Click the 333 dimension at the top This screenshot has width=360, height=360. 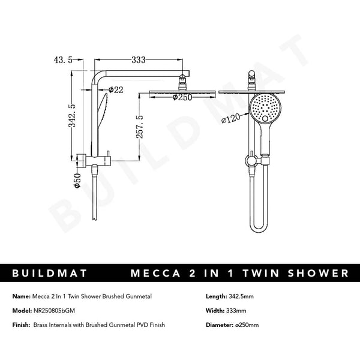point(139,60)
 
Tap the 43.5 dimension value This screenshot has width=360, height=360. point(64,60)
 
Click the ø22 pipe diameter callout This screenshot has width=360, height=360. point(116,90)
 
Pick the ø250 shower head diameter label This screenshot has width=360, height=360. point(181,97)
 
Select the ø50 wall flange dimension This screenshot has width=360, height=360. point(77,180)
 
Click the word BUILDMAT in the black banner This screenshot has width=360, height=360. point(50,274)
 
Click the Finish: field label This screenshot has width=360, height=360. point(23,325)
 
